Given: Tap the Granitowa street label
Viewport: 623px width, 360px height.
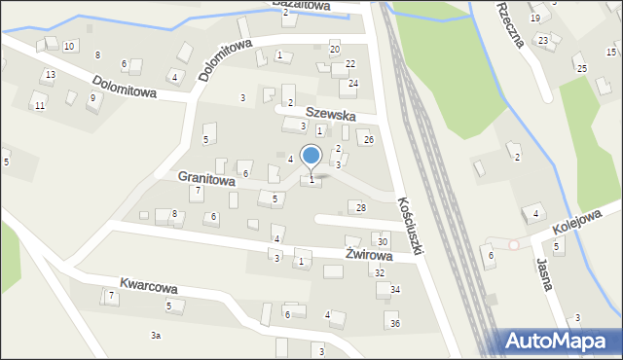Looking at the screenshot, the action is [206, 180].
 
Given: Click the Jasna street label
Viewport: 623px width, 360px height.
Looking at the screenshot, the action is [544, 273].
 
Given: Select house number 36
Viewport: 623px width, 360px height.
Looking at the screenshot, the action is [394, 323].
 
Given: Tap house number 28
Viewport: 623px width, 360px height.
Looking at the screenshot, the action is [361, 208].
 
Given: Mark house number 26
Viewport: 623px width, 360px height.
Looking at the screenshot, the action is [368, 140].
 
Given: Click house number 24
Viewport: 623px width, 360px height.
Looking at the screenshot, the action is [353, 84].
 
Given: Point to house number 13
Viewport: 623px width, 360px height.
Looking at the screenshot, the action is [50, 75].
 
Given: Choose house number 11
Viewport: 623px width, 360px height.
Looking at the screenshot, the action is [39, 105].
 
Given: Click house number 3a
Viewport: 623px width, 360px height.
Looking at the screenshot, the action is [155, 336].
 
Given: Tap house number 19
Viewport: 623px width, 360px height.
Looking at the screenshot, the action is [535, 18].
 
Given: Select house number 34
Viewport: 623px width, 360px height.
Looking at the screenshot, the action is [395, 290].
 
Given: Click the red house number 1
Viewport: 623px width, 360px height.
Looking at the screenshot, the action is [319, 130].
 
